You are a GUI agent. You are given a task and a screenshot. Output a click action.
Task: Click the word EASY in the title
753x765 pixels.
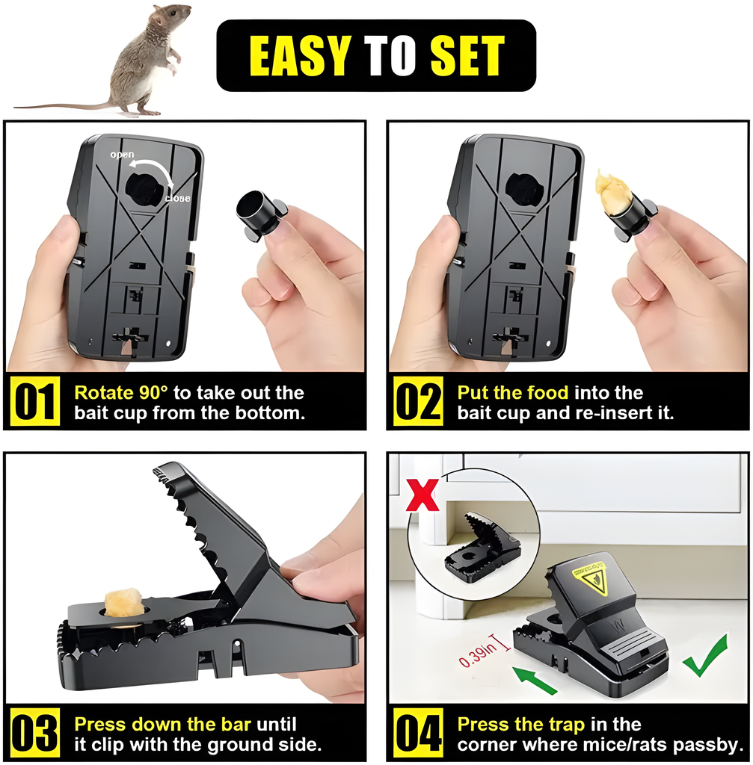(299, 55)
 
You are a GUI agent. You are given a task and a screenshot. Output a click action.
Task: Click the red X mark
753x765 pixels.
(422, 495)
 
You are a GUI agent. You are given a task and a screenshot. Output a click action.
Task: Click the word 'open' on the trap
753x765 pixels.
(123, 155)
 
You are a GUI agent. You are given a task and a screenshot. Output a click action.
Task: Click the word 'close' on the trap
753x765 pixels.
(177, 199)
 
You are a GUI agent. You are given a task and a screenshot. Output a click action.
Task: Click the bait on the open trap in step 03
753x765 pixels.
(122, 602)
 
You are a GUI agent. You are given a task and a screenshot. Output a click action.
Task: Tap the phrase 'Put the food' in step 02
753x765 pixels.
(513, 393)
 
